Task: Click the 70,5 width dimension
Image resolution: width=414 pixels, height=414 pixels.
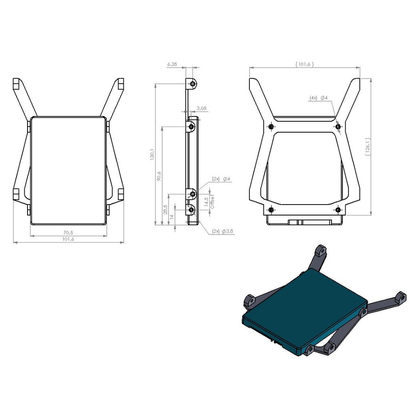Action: click(68, 232)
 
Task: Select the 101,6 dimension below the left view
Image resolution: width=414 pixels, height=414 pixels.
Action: click(68, 239)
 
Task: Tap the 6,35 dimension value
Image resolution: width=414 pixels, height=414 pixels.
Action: click(172, 64)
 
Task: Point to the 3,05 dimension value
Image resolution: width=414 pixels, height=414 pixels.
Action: click(201, 108)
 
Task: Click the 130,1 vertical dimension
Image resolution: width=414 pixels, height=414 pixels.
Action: click(152, 154)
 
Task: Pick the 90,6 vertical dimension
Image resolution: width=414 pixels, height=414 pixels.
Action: click(159, 176)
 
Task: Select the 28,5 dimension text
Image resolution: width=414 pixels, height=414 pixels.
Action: click(165, 209)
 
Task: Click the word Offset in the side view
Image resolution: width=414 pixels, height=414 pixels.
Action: click(213, 202)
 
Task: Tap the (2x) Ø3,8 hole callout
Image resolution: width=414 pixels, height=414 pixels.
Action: click(223, 231)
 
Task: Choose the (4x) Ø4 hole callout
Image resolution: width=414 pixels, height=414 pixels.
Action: click(319, 98)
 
